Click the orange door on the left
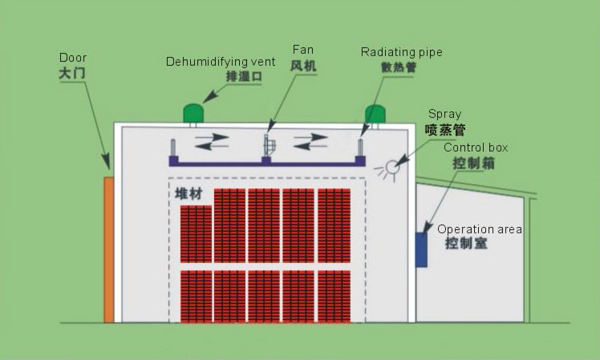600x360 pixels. pyautogui.click(x=109, y=249)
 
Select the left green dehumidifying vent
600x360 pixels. pyautogui.click(x=193, y=113)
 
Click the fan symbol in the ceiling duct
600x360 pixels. pyautogui.click(x=270, y=146)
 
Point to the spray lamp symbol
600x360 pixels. pyautogui.click(x=391, y=168)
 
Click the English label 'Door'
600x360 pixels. pyautogui.click(x=73, y=58)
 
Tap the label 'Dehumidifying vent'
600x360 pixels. pyautogui.click(x=221, y=62)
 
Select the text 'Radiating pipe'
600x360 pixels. pyautogui.click(x=402, y=53)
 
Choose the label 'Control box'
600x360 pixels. pyautogui.click(x=476, y=148)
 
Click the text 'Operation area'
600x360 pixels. pyautogui.click(x=480, y=229)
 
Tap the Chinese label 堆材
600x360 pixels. pyautogui.click(x=189, y=195)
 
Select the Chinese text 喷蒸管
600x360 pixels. pyautogui.click(x=445, y=129)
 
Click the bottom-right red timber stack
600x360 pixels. pyautogui.click(x=334, y=296)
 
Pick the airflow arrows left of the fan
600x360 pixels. pyautogui.click(x=213, y=141)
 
